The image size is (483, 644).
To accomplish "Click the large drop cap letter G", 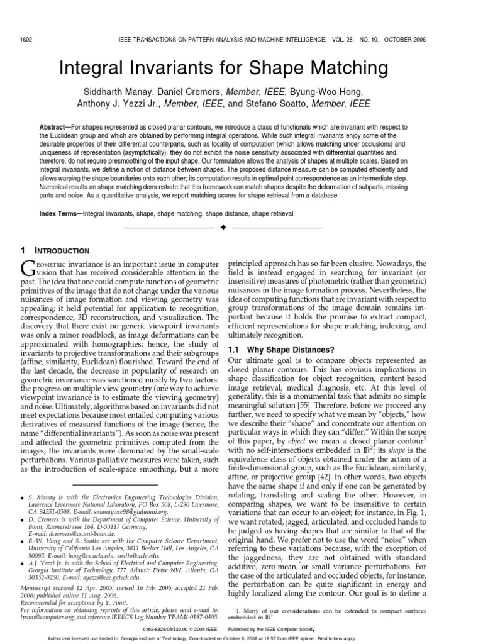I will click(x=28, y=269).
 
